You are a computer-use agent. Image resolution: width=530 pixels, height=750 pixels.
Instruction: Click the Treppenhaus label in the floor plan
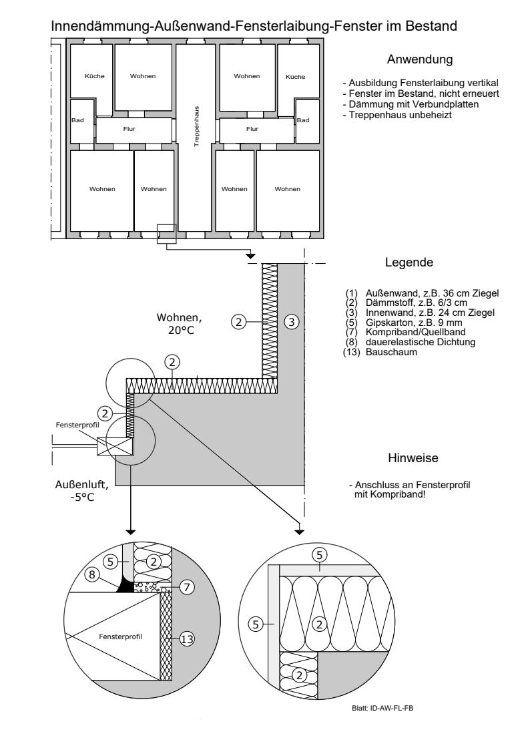click(x=197, y=126)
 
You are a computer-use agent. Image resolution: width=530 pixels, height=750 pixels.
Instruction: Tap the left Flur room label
click(x=129, y=129)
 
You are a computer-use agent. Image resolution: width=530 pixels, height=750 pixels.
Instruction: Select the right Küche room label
click(x=295, y=77)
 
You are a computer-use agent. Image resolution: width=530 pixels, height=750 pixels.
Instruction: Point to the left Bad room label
click(x=77, y=120)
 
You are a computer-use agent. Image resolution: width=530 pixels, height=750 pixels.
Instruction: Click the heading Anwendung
click(x=420, y=59)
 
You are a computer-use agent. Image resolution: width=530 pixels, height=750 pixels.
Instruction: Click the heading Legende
click(x=409, y=262)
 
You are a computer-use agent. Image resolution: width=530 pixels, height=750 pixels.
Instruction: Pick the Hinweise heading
click(x=413, y=457)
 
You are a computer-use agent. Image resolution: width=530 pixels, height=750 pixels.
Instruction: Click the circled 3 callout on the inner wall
click(x=292, y=322)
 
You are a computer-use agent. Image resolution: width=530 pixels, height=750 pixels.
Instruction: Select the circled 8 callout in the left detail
click(x=92, y=574)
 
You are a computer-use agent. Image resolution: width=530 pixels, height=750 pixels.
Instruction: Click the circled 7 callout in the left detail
click(x=187, y=586)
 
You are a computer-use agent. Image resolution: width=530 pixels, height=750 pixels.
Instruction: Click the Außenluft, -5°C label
click(x=82, y=491)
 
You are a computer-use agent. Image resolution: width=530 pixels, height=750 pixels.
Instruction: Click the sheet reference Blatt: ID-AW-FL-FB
click(x=382, y=709)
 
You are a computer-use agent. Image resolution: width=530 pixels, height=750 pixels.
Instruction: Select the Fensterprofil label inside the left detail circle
click(x=120, y=636)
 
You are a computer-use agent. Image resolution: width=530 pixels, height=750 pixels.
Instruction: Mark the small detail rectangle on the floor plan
click(x=167, y=234)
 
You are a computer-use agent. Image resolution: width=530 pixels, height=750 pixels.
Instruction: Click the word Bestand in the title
click(x=431, y=25)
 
